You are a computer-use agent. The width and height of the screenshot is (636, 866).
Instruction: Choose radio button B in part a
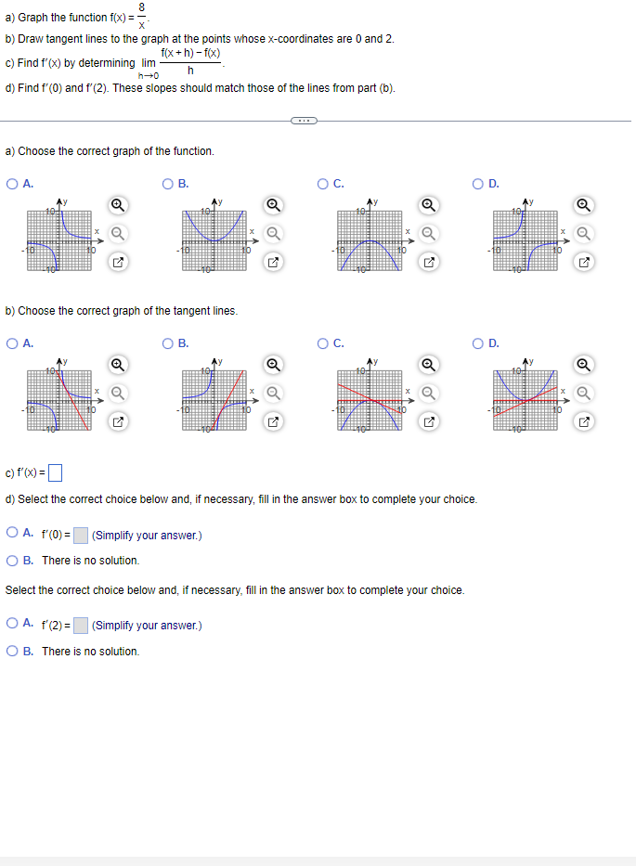click(168, 184)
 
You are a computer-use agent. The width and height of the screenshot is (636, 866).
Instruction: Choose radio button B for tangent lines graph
click(168, 343)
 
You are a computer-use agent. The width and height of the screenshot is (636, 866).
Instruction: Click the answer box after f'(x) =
click(55, 473)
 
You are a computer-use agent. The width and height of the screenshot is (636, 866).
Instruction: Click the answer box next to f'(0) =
click(81, 536)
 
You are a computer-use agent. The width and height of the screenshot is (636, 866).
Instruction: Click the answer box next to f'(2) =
click(81, 626)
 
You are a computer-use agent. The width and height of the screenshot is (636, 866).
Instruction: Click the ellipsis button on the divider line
click(304, 120)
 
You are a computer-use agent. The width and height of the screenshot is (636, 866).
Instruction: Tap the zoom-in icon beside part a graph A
click(118, 205)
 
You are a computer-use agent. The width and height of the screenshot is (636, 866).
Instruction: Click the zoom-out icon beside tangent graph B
click(273, 394)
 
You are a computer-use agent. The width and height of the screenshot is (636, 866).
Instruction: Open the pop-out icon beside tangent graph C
click(429, 424)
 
